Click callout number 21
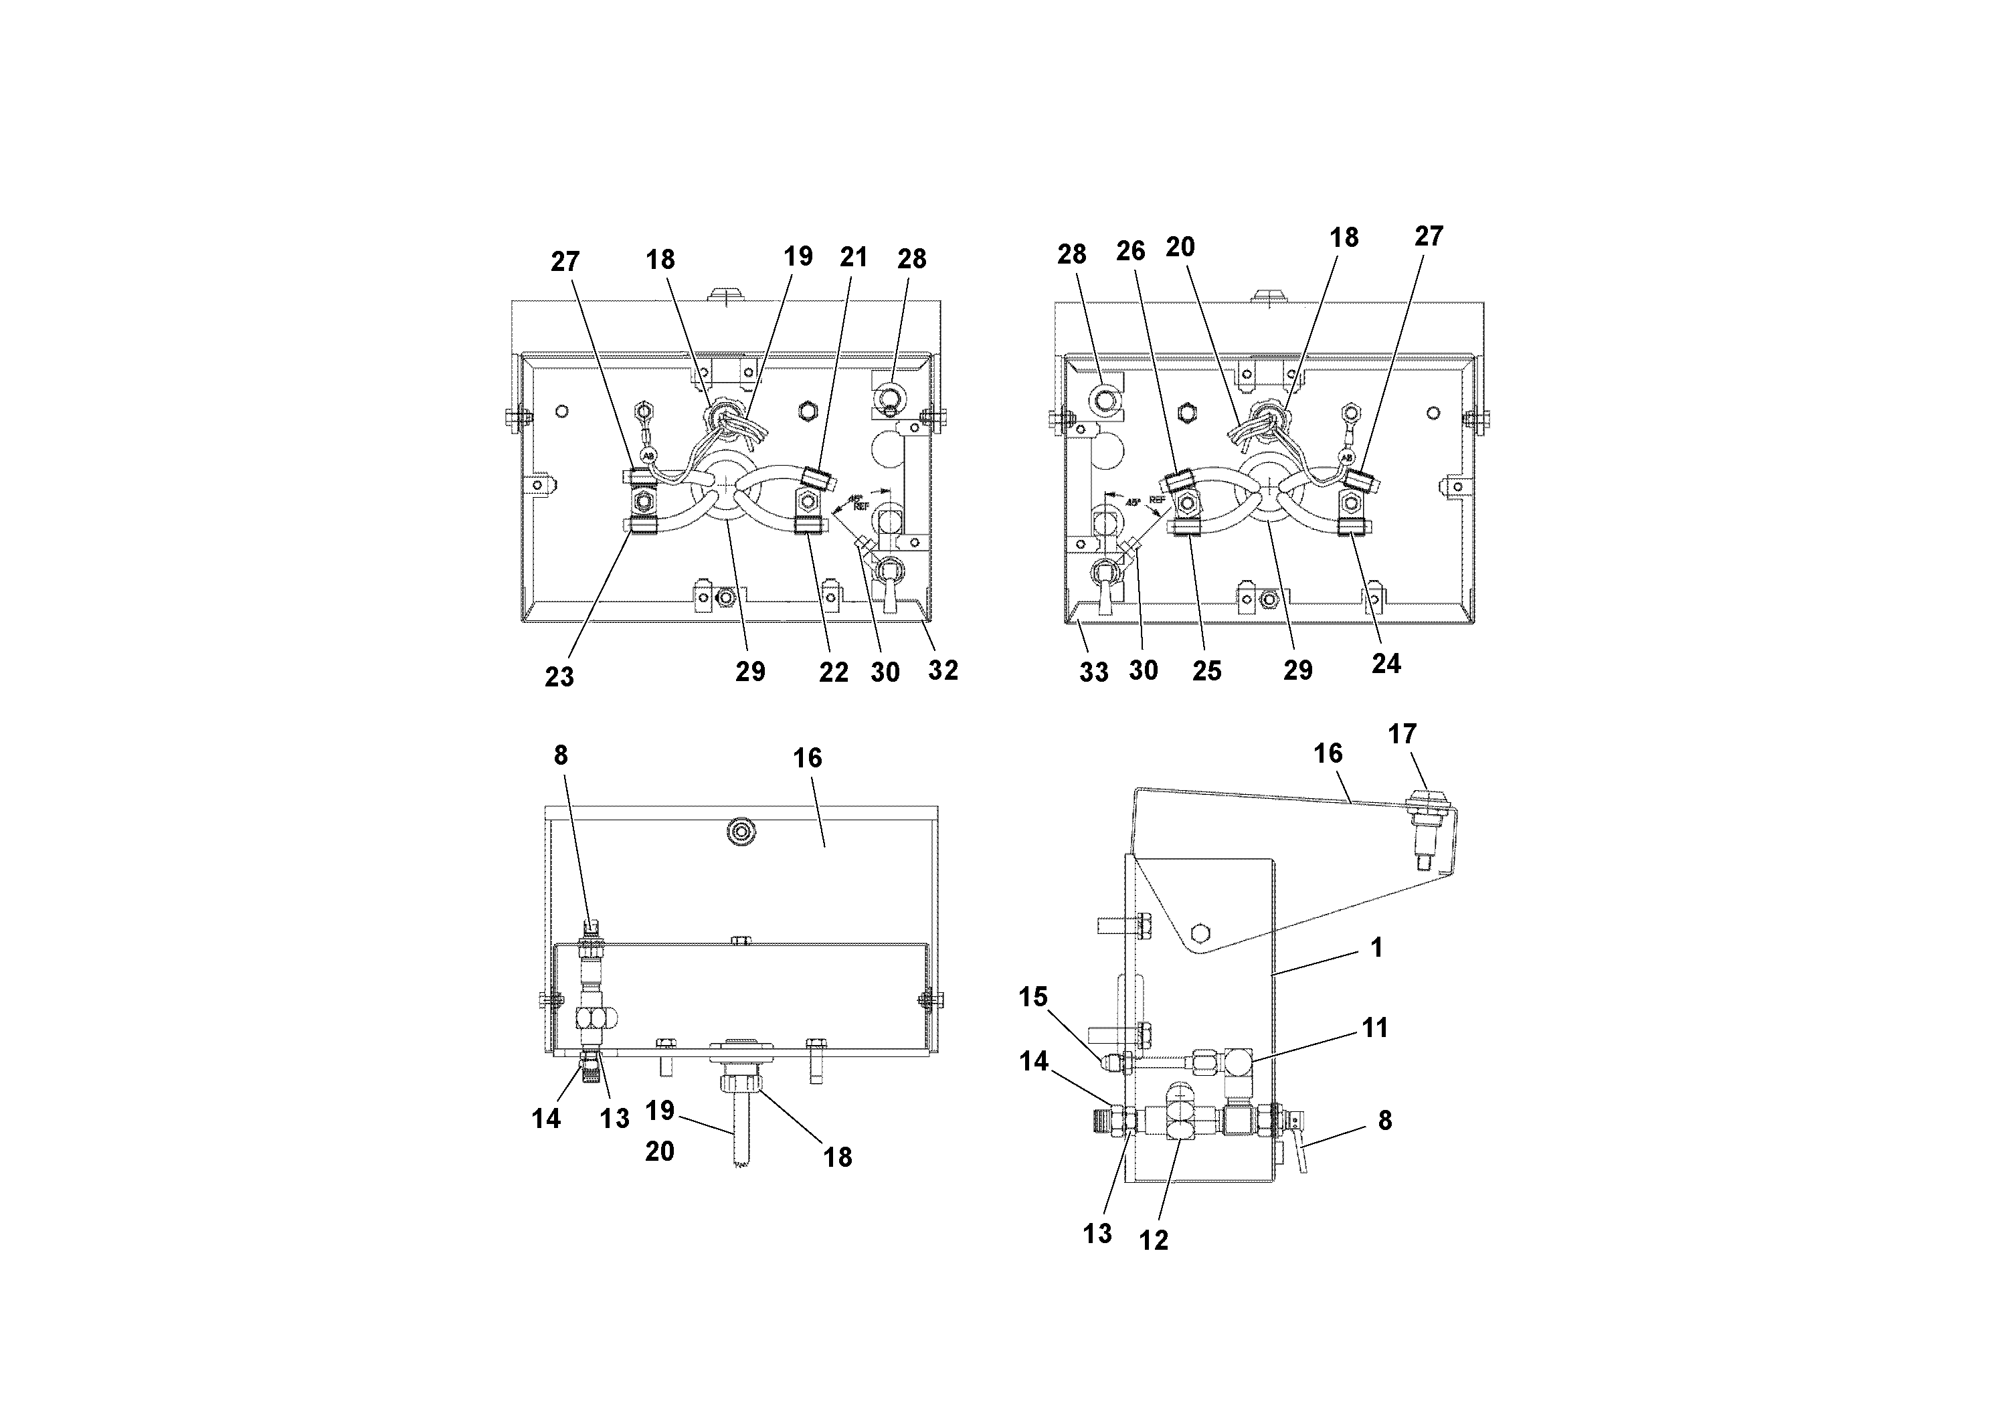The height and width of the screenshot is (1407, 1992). point(854,257)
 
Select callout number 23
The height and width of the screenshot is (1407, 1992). point(559,676)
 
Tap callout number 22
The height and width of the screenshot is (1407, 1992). point(834,672)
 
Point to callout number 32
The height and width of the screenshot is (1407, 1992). point(943,670)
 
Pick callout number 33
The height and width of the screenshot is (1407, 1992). point(1094,672)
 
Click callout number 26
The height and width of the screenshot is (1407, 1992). point(1130,251)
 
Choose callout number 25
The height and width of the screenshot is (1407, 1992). point(1207,670)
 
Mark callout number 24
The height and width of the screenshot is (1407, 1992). point(1386,664)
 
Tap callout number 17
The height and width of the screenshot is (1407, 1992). point(1402,734)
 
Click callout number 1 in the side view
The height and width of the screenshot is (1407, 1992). point(1376,947)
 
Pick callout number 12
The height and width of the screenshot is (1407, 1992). point(1154,1240)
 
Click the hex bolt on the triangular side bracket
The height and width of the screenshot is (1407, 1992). point(1200,933)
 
